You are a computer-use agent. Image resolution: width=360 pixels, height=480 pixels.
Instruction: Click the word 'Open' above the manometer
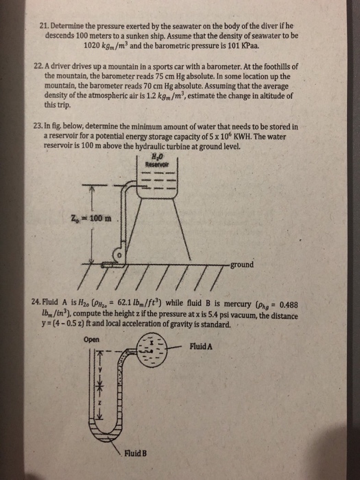[x=91, y=339]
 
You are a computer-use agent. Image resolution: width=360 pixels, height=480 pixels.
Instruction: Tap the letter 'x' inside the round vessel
[x=152, y=342]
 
